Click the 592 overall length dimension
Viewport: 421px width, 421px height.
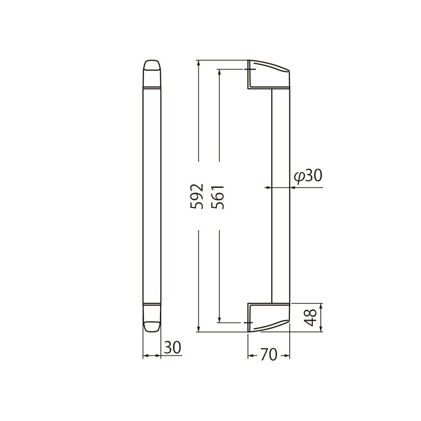coord(197,196)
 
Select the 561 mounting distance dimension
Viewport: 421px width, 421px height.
coord(218,197)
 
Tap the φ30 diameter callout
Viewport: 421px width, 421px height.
coord(308,176)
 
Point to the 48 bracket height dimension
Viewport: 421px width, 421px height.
coord(311,317)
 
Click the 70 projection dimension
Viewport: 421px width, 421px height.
coord(269,354)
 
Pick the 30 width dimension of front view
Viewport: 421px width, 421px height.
coord(173,347)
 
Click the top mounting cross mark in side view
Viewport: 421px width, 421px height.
coord(249,69)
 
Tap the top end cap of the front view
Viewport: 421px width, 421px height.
coord(152,74)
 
